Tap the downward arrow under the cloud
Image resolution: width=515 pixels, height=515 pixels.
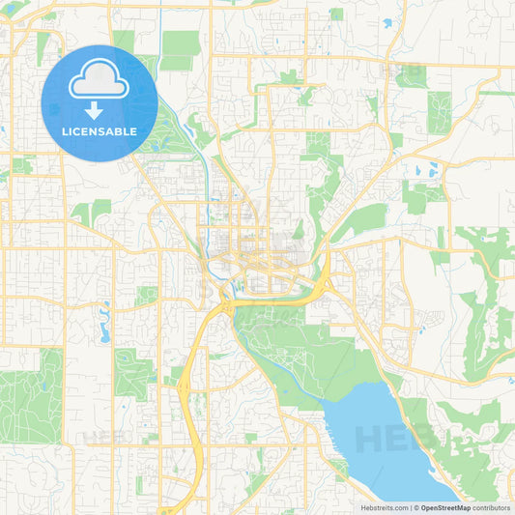pos(99,110)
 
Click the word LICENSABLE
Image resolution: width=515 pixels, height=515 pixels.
pos(99,131)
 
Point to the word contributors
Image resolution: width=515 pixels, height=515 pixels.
pos(492,506)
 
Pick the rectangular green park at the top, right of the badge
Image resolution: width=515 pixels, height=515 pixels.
pos(180,48)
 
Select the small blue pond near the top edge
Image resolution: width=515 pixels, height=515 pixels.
pos(387,22)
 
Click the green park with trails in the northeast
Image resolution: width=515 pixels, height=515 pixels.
pos(440,111)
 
